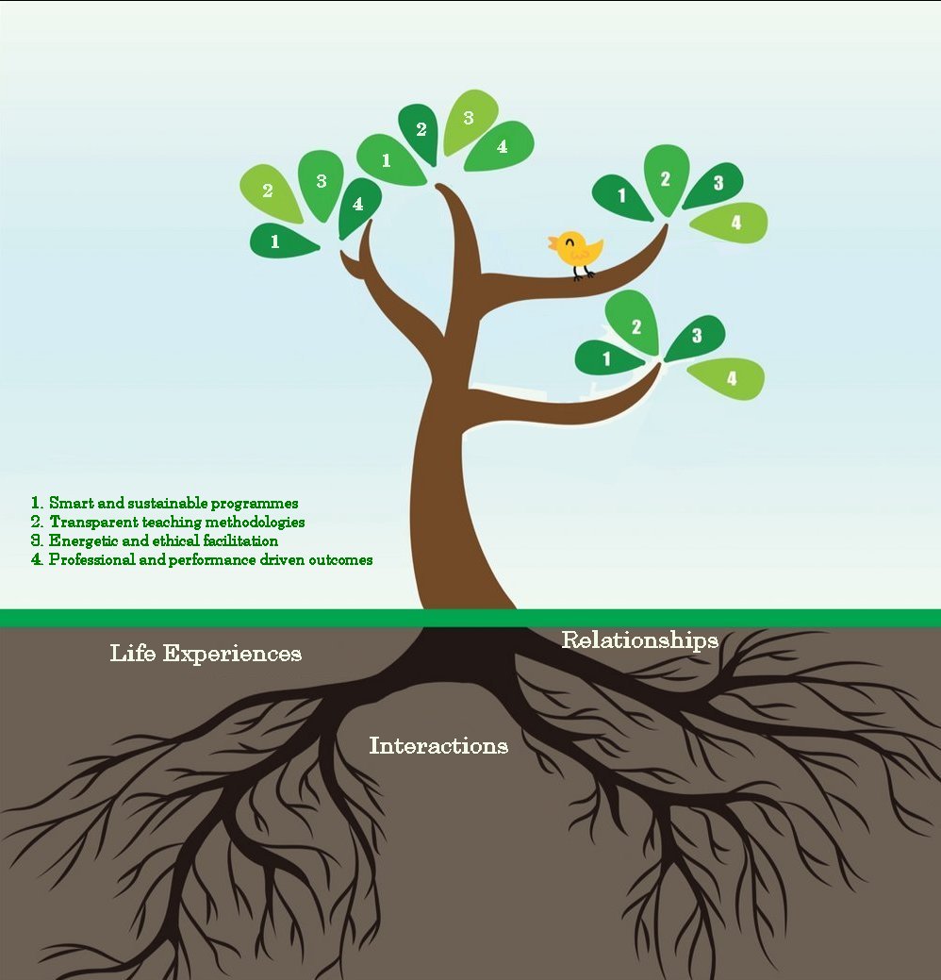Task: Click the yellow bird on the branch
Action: coord(577,250)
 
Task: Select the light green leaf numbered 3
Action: coord(470,120)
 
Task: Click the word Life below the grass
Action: coord(133,653)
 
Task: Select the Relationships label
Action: coord(640,640)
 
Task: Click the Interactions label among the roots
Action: coord(438,746)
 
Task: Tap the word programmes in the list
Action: coord(253,503)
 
